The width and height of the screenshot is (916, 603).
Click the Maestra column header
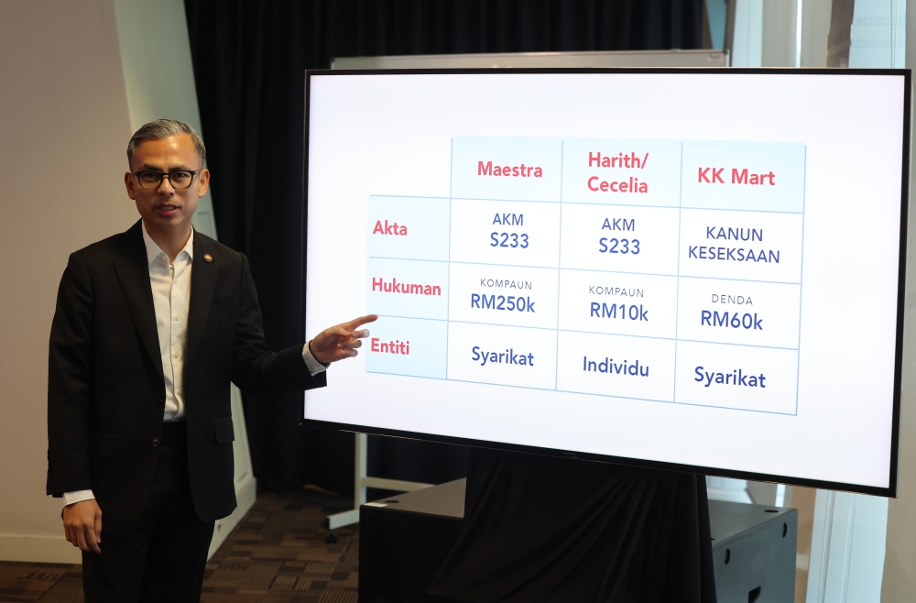[x=510, y=170]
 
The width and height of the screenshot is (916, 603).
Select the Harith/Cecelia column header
[x=617, y=172]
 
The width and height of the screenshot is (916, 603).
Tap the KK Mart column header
[x=736, y=177]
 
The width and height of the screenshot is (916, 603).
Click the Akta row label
[x=389, y=228]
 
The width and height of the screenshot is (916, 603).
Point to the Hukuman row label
[x=406, y=286]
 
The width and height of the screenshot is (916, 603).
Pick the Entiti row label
[x=390, y=346]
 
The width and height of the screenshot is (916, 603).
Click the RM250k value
[x=502, y=303]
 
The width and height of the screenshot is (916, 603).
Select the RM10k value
[x=618, y=312]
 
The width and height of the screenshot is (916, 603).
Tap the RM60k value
[x=731, y=320]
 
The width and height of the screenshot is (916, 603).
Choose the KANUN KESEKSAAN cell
[x=734, y=245]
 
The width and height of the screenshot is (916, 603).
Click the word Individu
[x=616, y=367]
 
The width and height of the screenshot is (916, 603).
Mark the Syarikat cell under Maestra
[x=502, y=356]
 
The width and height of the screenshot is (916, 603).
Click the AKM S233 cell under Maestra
[x=508, y=231]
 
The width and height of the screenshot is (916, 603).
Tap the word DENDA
[x=732, y=300]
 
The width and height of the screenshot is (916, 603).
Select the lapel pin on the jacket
[x=206, y=258]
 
